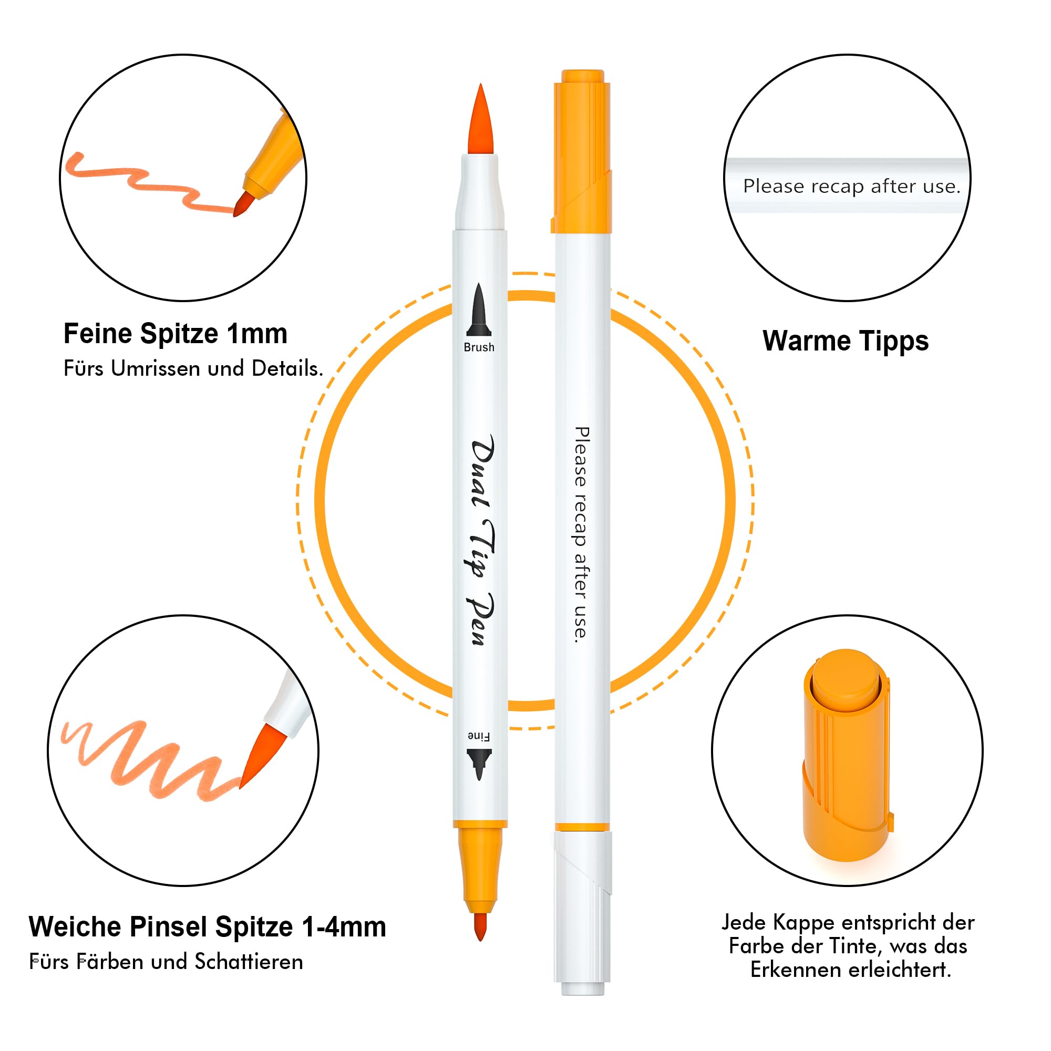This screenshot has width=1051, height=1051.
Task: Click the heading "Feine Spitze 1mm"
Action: click(x=175, y=334)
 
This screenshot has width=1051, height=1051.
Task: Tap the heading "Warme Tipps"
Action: click(x=846, y=341)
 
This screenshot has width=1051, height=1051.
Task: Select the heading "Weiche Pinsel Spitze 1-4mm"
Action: click(x=207, y=926)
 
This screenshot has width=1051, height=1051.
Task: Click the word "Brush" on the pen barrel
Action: click(x=479, y=347)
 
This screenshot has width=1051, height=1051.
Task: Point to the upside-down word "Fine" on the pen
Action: click(x=479, y=737)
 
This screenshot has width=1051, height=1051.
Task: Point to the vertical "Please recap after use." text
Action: click(x=582, y=535)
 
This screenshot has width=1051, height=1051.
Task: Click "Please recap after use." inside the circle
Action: click(x=851, y=187)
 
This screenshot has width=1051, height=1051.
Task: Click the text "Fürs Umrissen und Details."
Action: click(x=193, y=369)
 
